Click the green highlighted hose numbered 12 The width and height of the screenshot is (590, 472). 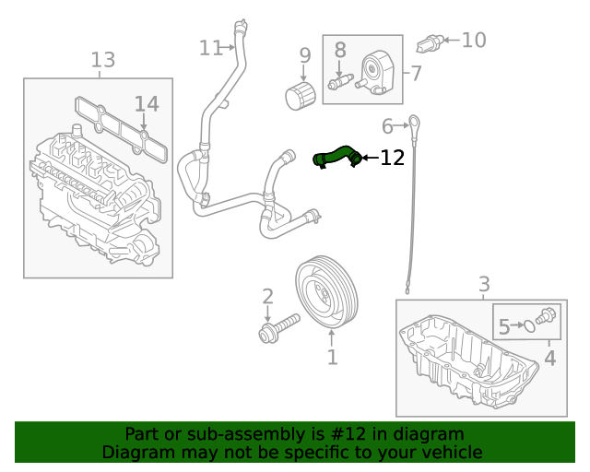336,155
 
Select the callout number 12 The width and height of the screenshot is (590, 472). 392,159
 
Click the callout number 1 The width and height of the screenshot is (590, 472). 332,357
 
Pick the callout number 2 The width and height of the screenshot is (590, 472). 267,297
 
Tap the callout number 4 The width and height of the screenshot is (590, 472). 550,357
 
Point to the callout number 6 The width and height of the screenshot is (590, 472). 388,125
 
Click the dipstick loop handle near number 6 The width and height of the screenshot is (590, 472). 416,122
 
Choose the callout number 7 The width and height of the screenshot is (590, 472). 416,72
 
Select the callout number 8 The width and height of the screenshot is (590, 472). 339,50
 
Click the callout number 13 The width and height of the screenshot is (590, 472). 102,61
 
